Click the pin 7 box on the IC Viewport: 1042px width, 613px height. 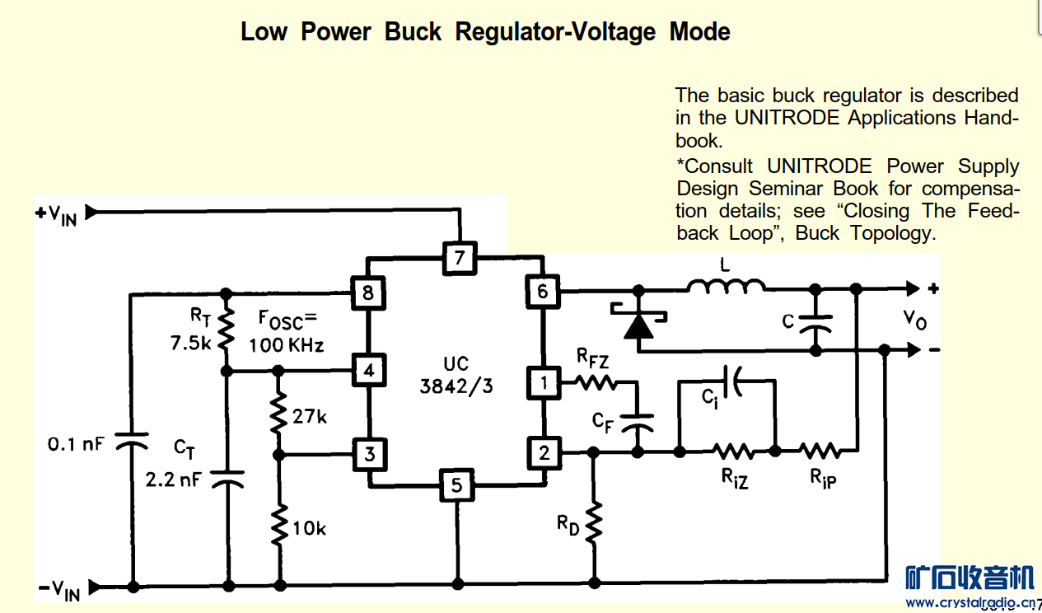(459, 258)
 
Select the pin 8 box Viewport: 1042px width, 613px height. (367, 292)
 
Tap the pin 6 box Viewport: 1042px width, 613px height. (542, 291)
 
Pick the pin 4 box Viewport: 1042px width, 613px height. (368, 371)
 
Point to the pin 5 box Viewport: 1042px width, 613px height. (456, 485)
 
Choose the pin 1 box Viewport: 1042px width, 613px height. (543, 382)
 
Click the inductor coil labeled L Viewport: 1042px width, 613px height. (726, 286)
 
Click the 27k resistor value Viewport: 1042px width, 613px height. (310, 417)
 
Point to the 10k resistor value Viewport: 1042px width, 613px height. (309, 528)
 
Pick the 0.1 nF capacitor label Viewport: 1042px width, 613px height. (76, 445)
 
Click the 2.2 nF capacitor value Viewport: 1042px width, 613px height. (172, 480)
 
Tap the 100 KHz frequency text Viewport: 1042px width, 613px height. (286, 345)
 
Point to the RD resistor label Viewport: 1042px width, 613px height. (568, 524)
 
